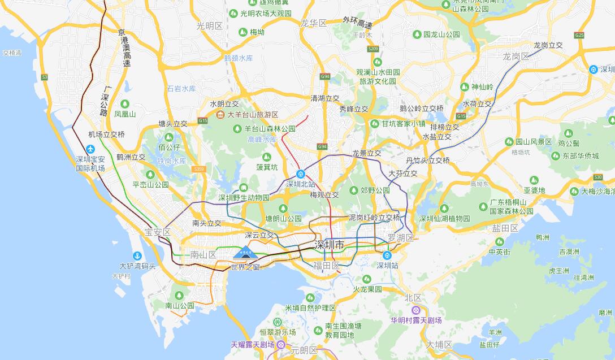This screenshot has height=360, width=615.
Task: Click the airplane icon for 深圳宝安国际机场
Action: coord(91,149)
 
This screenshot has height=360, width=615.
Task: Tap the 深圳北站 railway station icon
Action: coord(301,174)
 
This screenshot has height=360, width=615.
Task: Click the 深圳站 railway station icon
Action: coord(387,255)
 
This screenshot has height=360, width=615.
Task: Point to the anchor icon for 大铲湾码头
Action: coord(137,255)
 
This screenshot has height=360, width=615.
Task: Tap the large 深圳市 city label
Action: coord(329,245)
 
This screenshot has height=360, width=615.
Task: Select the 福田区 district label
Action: coord(326,265)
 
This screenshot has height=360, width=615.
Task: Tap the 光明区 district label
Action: coord(210,25)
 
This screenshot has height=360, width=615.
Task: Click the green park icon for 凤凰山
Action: coord(125,104)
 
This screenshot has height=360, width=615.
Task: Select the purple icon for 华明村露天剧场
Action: coord(416,310)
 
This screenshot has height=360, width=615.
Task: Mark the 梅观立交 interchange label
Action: coord(324,195)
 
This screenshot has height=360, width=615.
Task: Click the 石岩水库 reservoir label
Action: coord(181,89)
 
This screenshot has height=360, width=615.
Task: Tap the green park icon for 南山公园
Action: coord(179,295)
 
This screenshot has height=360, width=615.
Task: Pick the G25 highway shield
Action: coord(579,35)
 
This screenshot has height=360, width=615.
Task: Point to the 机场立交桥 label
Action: coord(106,135)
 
